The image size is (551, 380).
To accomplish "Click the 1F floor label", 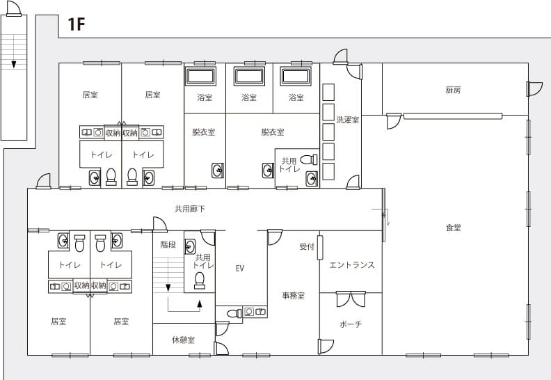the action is [x=77, y=24].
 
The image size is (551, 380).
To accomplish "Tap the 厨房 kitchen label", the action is [x=453, y=90].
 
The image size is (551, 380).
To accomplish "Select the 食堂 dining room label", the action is [x=454, y=228].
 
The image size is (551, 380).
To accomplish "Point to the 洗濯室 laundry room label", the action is [x=348, y=120].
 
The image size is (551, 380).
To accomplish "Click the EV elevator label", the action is [x=239, y=269].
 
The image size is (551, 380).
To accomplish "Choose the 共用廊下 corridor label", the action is [x=190, y=209].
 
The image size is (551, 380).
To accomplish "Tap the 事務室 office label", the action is [x=293, y=296].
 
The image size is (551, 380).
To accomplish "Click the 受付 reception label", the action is [x=306, y=246].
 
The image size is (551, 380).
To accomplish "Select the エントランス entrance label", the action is [x=352, y=264].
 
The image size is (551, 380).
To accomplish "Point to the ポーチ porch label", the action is [x=351, y=324].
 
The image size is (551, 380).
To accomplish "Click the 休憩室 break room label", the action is [x=183, y=340].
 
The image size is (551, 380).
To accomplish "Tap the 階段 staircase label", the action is [x=168, y=244].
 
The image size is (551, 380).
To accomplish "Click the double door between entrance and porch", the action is [x=351, y=299].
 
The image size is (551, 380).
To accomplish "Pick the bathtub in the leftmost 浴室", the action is [x=200, y=77].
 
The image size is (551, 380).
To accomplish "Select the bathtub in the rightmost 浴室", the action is [x=296, y=77].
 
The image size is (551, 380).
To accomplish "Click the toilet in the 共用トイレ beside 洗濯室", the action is [x=309, y=159].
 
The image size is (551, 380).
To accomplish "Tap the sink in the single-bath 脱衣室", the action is [x=218, y=171].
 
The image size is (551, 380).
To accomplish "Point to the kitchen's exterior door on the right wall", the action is [x=534, y=89].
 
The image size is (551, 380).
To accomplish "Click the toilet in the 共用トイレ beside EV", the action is [x=199, y=280].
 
